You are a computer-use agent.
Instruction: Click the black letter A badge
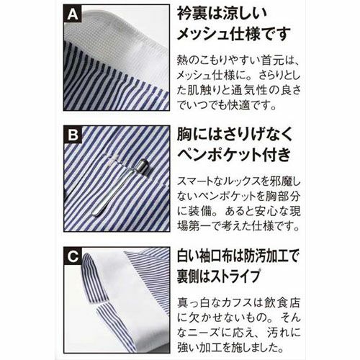click(x=73, y=14)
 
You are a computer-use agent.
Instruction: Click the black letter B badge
click(x=73, y=135)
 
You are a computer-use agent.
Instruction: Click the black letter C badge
click(x=73, y=256)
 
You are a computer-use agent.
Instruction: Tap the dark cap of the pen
click(x=143, y=166)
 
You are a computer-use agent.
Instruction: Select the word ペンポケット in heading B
click(x=219, y=154)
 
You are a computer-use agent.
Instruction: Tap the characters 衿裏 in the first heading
click(x=192, y=14)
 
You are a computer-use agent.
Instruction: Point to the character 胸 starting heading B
click(x=184, y=135)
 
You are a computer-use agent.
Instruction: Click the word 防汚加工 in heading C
click(x=268, y=256)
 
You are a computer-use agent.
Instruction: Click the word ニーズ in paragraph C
click(x=202, y=333)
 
